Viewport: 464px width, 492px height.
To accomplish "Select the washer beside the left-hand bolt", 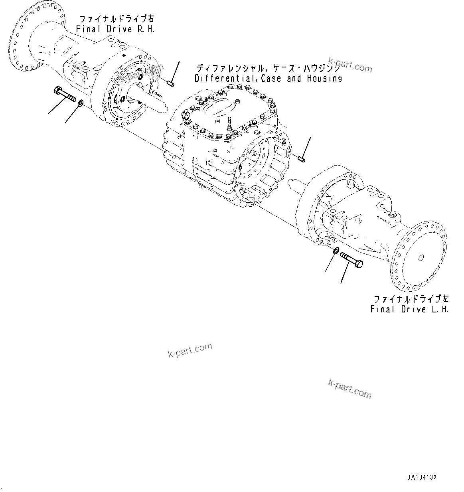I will (336, 250).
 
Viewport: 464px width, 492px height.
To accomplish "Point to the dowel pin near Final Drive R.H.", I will (170, 84).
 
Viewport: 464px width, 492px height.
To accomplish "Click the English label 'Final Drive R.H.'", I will (115, 29).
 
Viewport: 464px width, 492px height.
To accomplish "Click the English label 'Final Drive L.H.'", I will (409, 309).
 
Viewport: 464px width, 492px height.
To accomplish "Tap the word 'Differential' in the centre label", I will (226, 79).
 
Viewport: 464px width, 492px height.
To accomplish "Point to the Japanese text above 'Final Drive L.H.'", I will (411, 299).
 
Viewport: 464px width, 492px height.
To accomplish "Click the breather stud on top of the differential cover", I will (230, 122).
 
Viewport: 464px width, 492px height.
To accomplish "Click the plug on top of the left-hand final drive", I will (393, 215).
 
